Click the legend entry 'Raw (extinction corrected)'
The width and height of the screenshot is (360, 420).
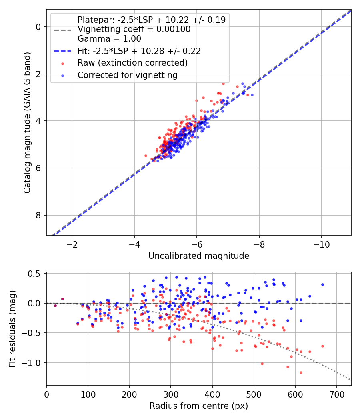pos(132,63)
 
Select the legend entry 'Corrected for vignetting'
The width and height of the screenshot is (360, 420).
pos(127,75)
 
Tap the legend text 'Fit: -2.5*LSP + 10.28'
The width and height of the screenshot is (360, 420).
pos(139,51)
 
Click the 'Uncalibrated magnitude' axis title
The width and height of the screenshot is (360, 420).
pos(199,256)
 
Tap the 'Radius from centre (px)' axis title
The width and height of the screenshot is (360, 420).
pos(199,406)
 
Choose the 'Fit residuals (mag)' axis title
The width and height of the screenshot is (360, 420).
pos(12,329)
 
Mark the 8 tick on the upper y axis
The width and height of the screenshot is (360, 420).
pos(38,215)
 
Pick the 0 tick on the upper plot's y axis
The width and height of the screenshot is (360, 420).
pos(38,27)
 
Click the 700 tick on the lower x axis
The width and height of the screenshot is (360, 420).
pos(336,394)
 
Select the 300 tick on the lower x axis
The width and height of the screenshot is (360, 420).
pos(171,394)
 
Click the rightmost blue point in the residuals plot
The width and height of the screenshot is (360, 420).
pos(322,284)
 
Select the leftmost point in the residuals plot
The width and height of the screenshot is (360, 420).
pos(55,306)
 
